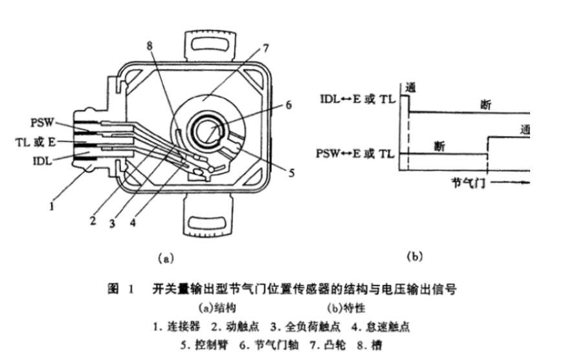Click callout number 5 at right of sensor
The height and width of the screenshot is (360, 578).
291,173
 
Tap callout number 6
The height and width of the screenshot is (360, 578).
289,104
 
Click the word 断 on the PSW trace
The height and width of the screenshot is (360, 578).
440,146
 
